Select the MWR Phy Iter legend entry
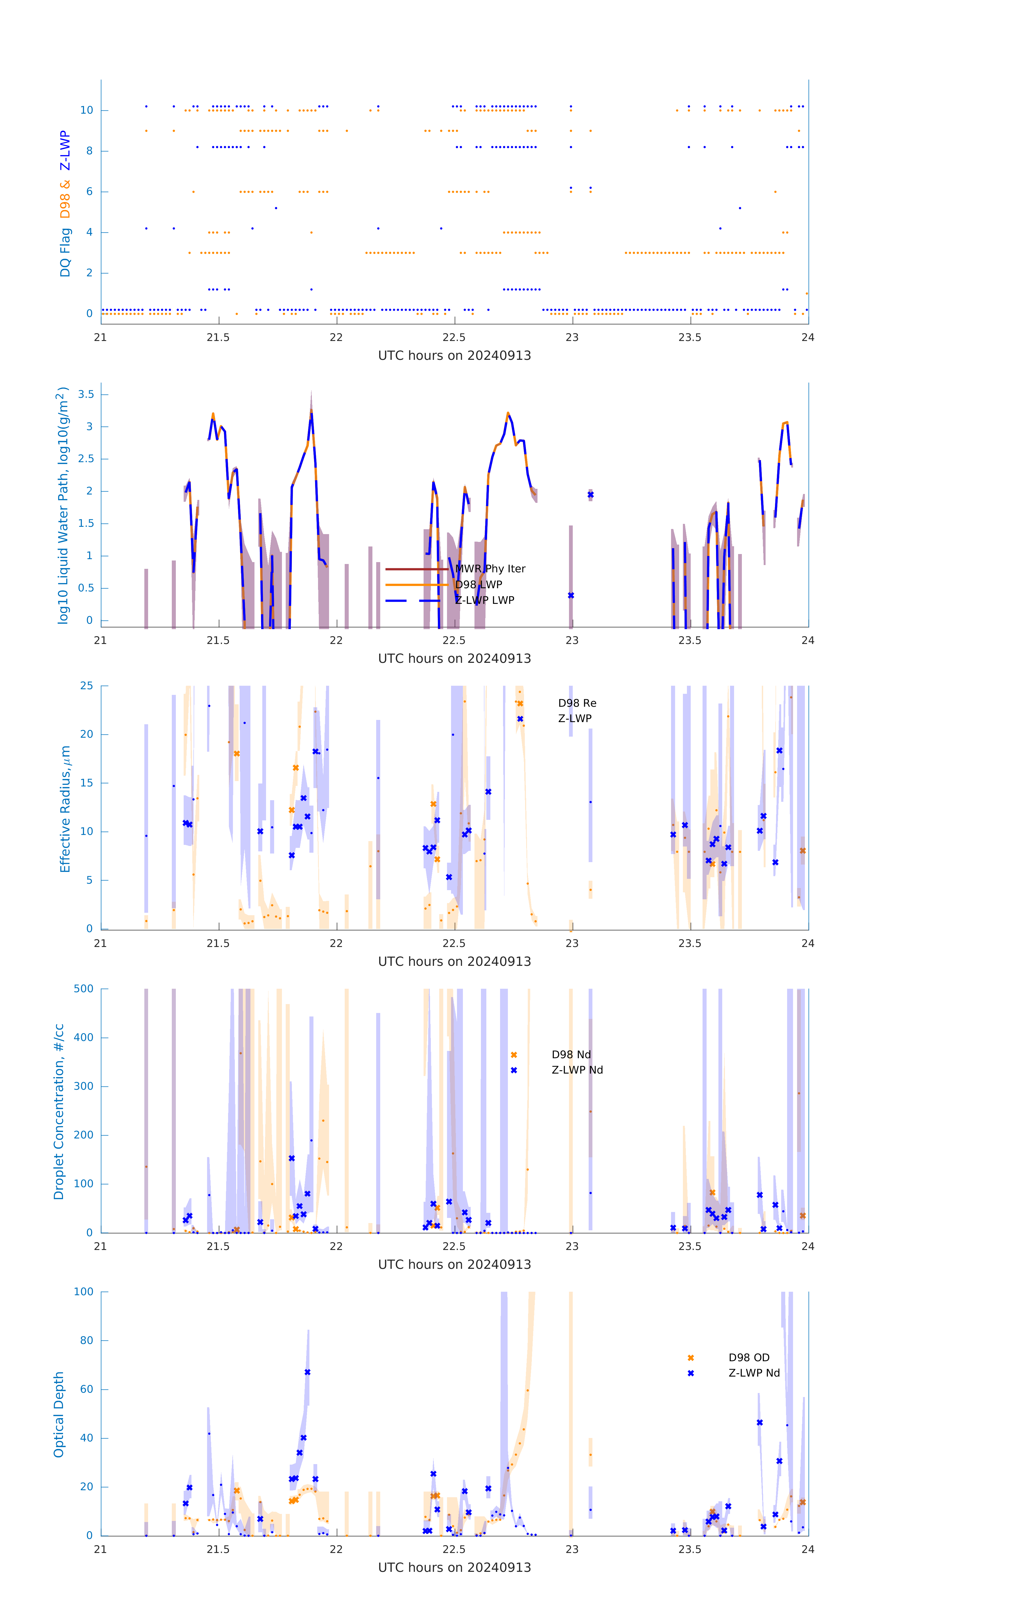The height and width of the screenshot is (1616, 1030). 490,569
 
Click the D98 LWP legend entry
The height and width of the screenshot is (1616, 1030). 479,584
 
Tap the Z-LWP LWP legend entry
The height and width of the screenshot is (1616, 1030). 484,601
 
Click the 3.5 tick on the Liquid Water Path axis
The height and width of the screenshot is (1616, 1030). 86,395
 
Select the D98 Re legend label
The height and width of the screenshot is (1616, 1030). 577,703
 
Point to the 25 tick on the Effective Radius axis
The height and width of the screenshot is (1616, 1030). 86,686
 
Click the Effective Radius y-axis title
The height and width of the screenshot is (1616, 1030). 65,809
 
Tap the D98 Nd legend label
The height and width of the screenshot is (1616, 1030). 571,1055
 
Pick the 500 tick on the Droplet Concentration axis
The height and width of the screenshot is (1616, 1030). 84,988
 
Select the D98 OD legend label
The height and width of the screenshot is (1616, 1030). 749,1358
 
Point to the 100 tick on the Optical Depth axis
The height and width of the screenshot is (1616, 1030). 84,1292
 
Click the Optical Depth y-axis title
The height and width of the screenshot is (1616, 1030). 59,1415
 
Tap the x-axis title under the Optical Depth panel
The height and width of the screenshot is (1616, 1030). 454,1568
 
